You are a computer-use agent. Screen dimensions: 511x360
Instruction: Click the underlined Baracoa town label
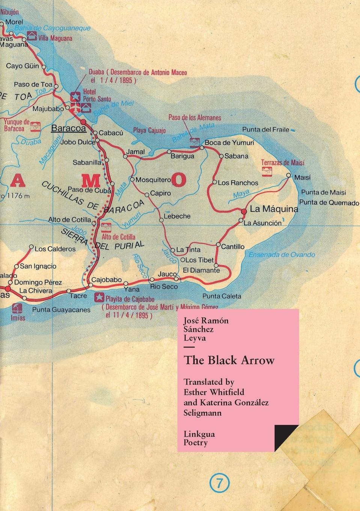pos(68,128)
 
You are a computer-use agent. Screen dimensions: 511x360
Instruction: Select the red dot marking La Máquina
pos(244,212)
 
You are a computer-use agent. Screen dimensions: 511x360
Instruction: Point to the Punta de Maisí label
pos(323,192)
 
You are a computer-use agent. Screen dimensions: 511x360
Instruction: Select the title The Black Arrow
pos(229,360)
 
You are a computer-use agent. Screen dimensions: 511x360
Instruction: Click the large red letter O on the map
pos(179,180)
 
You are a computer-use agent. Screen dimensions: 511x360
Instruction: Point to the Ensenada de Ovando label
pos(282,255)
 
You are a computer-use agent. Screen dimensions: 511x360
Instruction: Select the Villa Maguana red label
pos(55,38)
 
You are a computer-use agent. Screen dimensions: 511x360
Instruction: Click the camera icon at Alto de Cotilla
pos(106,227)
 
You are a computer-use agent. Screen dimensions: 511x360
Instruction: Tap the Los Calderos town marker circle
pos(31,248)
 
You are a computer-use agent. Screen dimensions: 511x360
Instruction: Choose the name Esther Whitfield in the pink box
pos(214,392)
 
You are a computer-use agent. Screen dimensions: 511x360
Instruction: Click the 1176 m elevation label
pos(17,195)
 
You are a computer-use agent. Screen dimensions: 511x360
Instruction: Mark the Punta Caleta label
pos(221,296)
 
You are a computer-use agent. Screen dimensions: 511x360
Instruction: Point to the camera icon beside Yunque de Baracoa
pos(36,125)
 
